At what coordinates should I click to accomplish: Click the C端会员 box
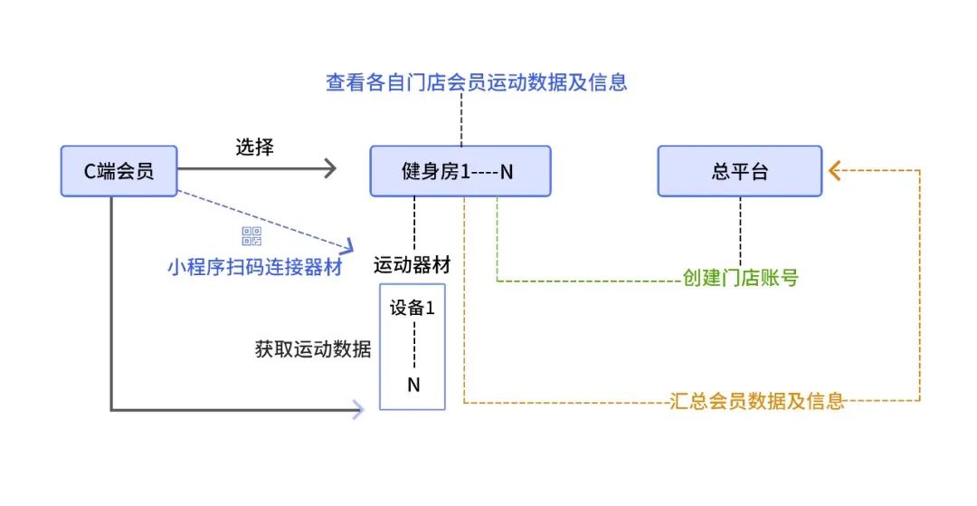(x=119, y=171)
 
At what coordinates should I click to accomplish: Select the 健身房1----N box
(x=460, y=171)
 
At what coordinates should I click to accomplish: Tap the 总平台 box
(x=739, y=171)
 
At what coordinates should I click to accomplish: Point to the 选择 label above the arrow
(x=254, y=148)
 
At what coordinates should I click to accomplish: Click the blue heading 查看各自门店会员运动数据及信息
(x=476, y=82)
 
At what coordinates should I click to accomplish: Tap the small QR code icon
(x=251, y=237)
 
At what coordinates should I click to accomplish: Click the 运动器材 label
(x=413, y=266)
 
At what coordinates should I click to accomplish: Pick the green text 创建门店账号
(x=740, y=278)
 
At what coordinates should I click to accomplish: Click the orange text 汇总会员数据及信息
(x=758, y=400)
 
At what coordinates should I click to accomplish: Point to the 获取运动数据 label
(x=313, y=349)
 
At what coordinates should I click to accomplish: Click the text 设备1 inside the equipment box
(x=413, y=308)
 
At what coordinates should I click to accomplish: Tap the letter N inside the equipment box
(x=413, y=385)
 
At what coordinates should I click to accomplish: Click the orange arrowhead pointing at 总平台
(x=834, y=169)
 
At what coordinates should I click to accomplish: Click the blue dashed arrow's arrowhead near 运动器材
(x=346, y=245)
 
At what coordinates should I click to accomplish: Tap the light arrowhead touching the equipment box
(x=358, y=410)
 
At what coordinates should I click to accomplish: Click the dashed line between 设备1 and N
(x=413, y=346)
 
